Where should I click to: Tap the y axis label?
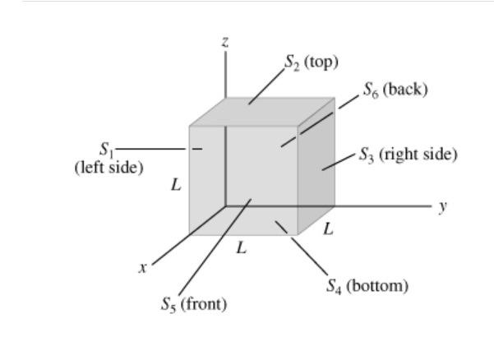point(443,206)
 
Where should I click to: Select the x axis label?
point(142,267)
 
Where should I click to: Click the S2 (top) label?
point(312,62)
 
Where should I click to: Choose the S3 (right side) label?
point(408,154)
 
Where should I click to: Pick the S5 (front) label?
point(193,304)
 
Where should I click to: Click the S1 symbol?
point(105,149)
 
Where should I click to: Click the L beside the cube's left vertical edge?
point(176,185)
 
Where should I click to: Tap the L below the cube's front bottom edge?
point(241,247)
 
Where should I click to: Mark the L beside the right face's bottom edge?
point(328,230)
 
